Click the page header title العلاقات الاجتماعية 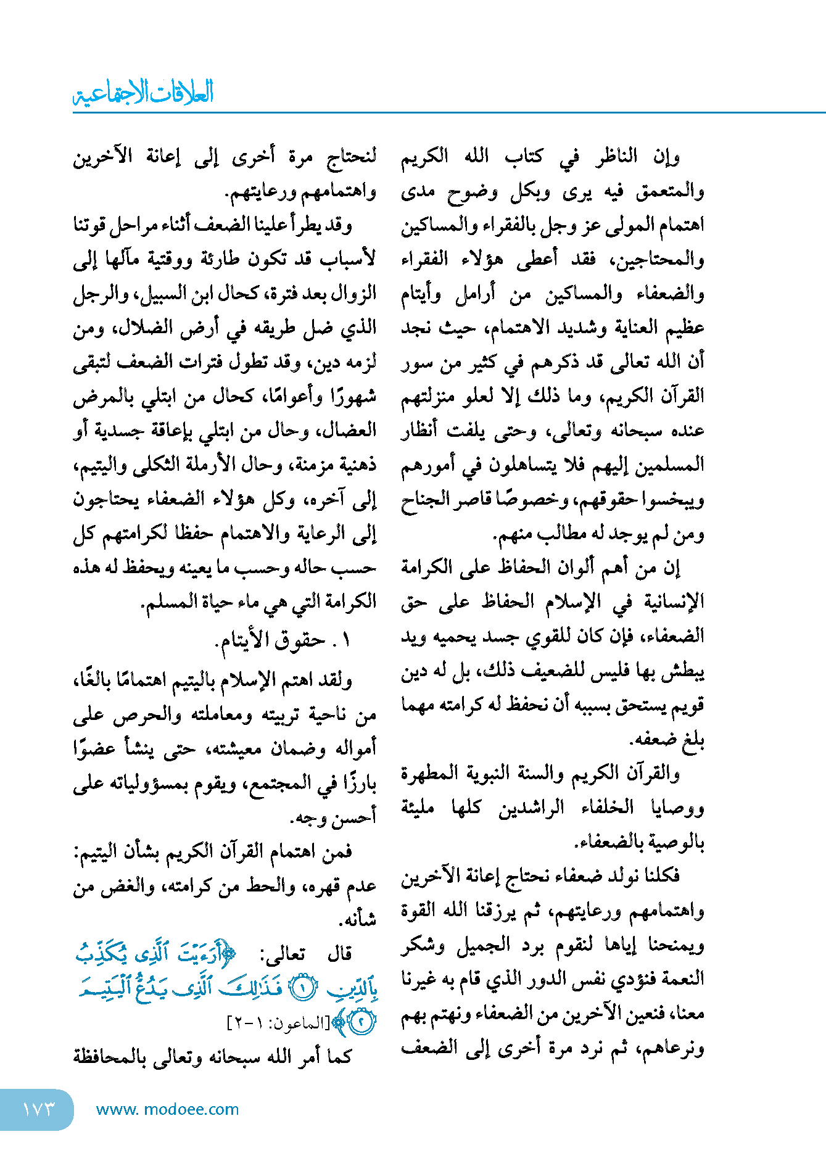pos(143,93)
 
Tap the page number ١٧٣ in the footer pos(38,1109)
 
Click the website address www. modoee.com pos(167,1109)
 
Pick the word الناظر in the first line pos(616,157)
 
